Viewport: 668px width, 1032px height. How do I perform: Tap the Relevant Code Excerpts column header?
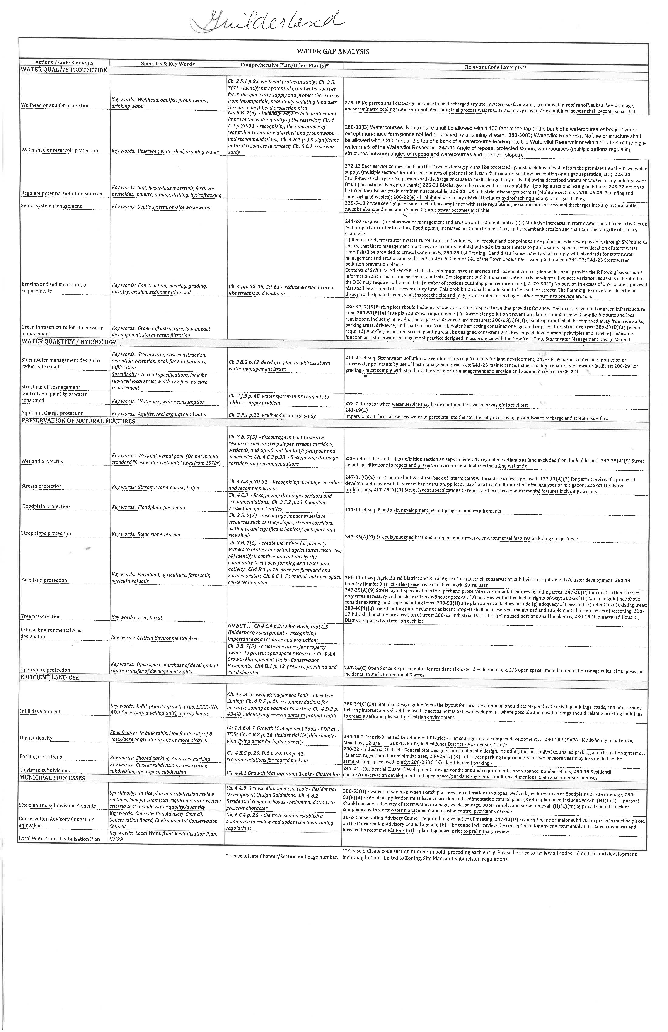pyautogui.click(x=495, y=67)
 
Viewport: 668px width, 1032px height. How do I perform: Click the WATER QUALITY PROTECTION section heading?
pyautogui.click(x=64, y=70)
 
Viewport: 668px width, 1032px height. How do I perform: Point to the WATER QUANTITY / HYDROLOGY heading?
pyautogui.click(x=68, y=342)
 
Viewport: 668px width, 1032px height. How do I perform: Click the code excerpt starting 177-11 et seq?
pyautogui.click(x=423, y=511)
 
